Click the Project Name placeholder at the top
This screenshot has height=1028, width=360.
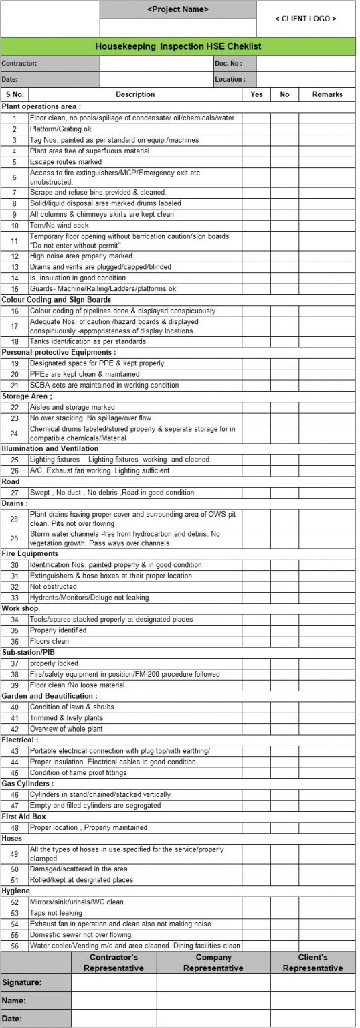click(x=177, y=9)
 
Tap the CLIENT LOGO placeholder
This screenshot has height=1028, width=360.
click(x=306, y=19)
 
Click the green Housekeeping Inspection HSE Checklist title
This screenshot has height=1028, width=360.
click(x=178, y=46)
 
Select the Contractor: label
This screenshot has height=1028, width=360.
click(x=19, y=64)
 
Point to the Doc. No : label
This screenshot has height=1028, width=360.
click(x=228, y=64)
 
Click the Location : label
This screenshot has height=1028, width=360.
click(x=230, y=80)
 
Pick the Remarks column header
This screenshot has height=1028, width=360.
click(x=327, y=94)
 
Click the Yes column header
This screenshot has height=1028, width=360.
click(x=256, y=94)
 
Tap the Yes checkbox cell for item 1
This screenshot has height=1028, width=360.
click(x=256, y=118)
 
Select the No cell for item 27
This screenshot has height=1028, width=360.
click(x=284, y=493)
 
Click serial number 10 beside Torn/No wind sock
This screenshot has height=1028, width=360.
click(x=14, y=226)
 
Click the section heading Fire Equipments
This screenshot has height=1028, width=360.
click(x=29, y=554)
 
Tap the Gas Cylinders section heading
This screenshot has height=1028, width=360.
click(x=27, y=784)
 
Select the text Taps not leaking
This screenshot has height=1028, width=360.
click(x=56, y=913)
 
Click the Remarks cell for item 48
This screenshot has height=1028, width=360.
click(x=327, y=828)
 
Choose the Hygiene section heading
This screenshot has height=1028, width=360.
click(x=15, y=891)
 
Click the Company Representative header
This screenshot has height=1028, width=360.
click(x=213, y=962)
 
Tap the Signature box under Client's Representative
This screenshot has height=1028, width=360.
click(x=312, y=982)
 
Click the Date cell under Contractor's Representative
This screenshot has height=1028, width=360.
click(x=114, y=1019)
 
